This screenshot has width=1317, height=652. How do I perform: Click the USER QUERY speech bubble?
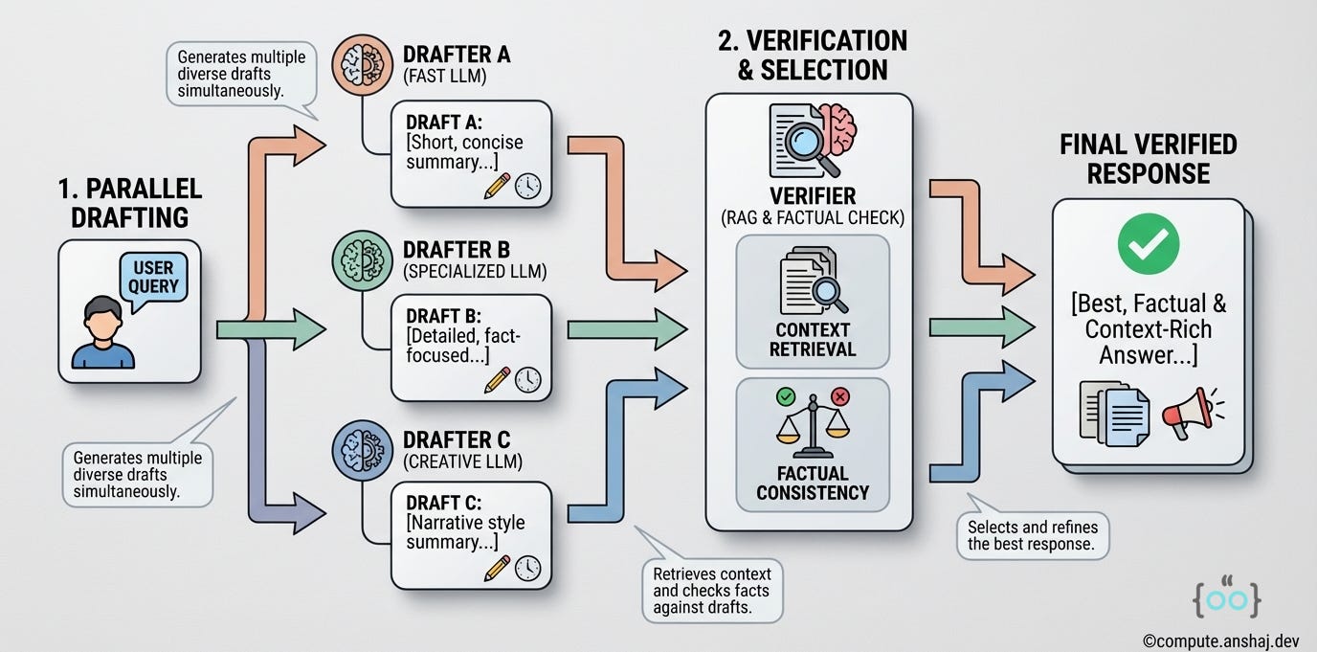154,279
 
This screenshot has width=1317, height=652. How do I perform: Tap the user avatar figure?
102,334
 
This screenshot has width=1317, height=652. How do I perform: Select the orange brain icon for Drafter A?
356,65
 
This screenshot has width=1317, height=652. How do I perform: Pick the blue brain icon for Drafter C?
356,450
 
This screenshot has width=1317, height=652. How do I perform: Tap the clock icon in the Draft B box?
527,380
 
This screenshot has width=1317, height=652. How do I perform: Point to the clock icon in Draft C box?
527,568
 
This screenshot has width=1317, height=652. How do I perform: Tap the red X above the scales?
840,395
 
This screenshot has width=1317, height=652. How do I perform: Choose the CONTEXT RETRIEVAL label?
812,339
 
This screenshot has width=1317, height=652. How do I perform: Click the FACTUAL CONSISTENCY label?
812,483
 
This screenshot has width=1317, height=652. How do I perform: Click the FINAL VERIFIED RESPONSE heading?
1148,159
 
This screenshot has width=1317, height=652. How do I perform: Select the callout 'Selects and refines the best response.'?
1033,536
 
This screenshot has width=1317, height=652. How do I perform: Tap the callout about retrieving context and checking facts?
710,590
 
